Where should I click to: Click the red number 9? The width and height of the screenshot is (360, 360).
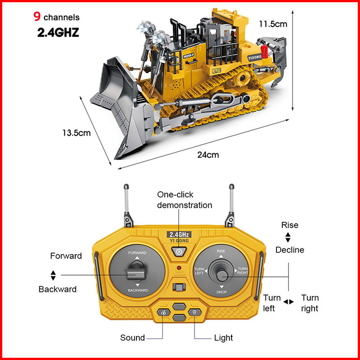(x=37, y=17)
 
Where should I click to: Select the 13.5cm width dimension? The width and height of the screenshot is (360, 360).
(x=76, y=132)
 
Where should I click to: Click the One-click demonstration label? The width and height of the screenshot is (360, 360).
(x=184, y=200)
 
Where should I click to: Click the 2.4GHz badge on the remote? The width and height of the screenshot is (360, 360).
(x=179, y=234)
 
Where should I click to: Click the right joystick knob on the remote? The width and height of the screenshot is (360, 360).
(x=220, y=272)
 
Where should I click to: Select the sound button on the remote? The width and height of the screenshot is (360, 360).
(x=163, y=313)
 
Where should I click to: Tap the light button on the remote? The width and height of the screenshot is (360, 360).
(x=194, y=313)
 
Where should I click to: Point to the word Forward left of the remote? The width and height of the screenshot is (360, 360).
(x=66, y=256)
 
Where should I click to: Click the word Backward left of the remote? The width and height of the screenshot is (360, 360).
(x=57, y=289)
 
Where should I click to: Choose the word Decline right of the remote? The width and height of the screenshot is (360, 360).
(x=290, y=250)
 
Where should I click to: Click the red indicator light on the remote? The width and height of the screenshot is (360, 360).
(x=179, y=268)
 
